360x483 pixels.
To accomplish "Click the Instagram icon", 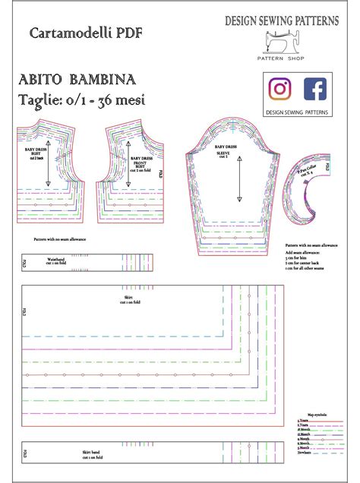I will (282, 89).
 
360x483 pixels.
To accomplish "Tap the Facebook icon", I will (315, 89).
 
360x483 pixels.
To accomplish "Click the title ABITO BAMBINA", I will (77, 80).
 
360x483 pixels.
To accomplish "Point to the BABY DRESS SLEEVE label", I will (224, 150).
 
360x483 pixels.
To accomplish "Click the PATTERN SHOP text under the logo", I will (282, 58).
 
